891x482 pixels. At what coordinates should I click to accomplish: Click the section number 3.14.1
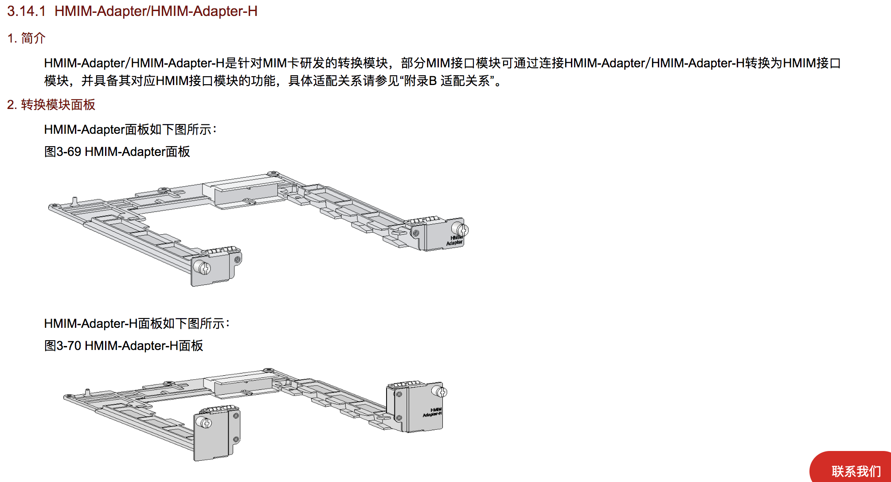pyautogui.click(x=26, y=11)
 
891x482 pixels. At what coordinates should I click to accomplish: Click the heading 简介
pyautogui.click(x=33, y=38)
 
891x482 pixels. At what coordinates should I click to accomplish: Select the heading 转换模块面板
pyautogui.click(x=58, y=105)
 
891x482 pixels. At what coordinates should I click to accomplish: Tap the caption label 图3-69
pyautogui.click(x=63, y=152)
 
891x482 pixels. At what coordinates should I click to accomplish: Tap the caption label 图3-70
pyautogui.click(x=63, y=346)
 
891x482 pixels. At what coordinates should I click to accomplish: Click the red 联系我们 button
pyautogui.click(x=856, y=470)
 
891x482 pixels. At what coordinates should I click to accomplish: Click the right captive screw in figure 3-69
pyautogui.click(x=462, y=230)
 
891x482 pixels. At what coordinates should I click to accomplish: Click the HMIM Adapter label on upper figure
pyautogui.click(x=455, y=240)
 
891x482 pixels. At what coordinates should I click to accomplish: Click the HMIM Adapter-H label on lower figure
pyautogui.click(x=433, y=412)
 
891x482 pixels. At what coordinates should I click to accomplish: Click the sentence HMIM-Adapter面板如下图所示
pyautogui.click(x=129, y=129)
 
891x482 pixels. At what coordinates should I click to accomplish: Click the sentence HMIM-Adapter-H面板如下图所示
pyautogui.click(x=136, y=323)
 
